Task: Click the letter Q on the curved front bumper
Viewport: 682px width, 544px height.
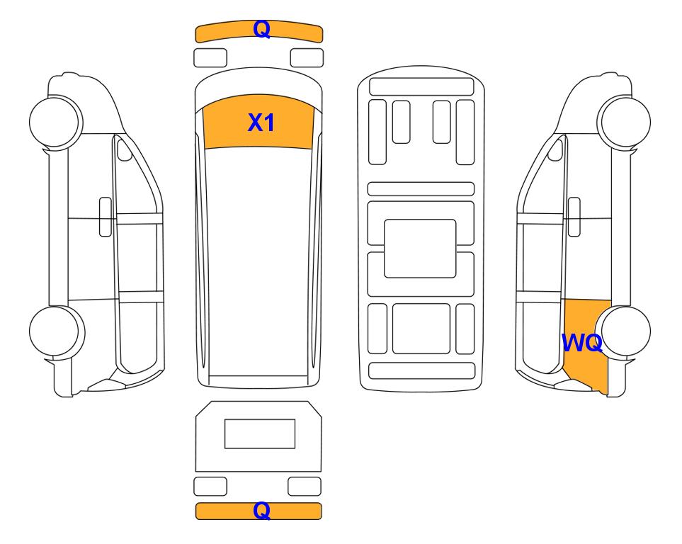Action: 262,30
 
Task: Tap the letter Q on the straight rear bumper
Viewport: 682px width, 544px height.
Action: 262,511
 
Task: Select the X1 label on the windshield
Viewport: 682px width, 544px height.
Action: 261,123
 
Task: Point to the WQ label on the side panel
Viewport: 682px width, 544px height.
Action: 582,343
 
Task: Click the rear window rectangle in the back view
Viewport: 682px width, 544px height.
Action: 260,433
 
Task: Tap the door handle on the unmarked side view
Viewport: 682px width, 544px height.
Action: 106,217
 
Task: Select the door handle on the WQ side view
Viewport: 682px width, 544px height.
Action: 574,217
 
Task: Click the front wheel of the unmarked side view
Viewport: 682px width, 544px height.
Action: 56,121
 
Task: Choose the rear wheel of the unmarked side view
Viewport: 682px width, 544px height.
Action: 57,331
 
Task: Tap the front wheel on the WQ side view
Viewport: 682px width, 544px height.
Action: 624,121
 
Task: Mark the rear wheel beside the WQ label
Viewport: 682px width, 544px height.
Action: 623,331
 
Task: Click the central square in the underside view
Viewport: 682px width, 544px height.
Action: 420,249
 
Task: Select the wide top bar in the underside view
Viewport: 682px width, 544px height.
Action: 421,86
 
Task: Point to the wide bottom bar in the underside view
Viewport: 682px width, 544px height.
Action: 421,370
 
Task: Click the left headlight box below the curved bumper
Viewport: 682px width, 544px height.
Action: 210,58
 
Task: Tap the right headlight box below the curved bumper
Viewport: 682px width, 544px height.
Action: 307,58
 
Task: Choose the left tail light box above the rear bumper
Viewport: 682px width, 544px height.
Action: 210,486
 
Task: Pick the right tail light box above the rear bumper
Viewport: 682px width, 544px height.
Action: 305,486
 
